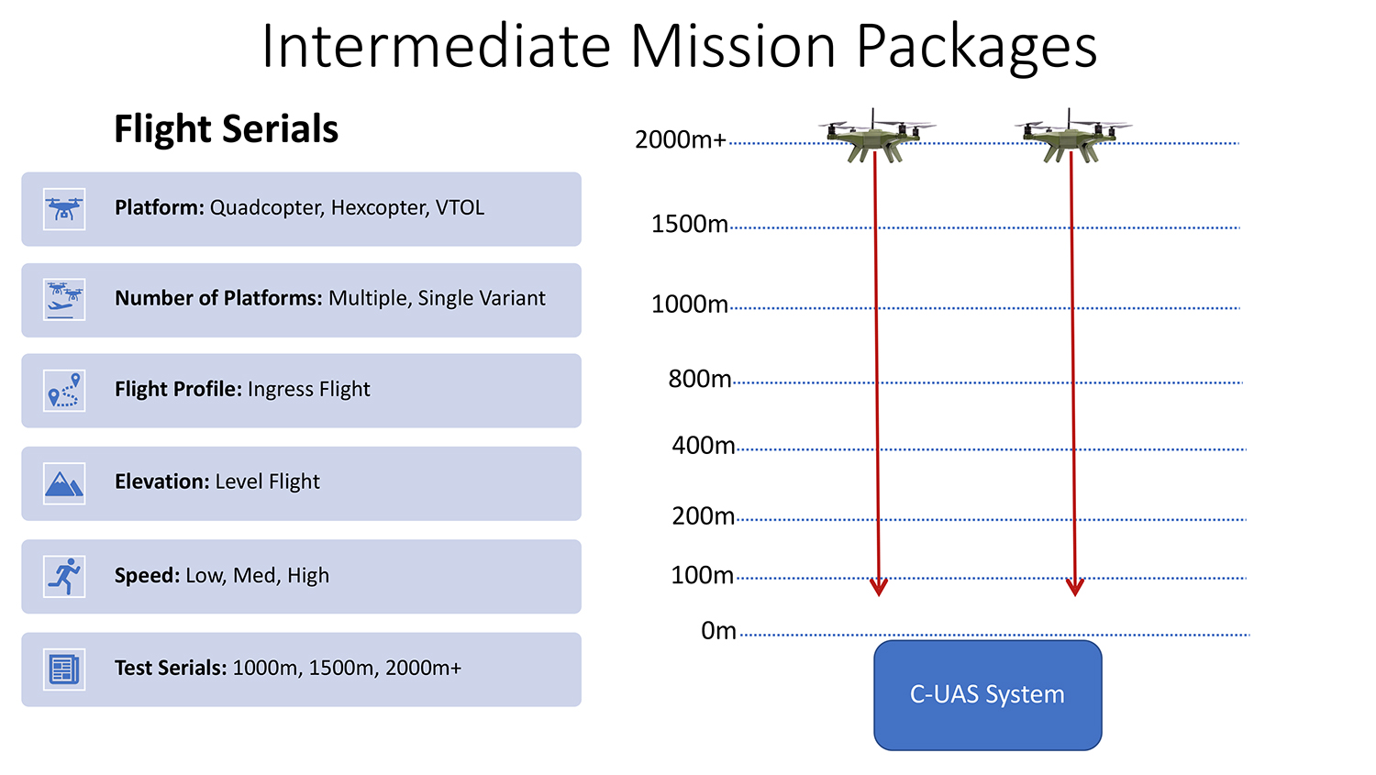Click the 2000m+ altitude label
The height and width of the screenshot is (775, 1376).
pyautogui.click(x=681, y=140)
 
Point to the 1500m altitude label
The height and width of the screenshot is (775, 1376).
pyautogui.click(x=689, y=224)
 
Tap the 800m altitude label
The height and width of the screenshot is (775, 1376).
pyautogui.click(x=700, y=379)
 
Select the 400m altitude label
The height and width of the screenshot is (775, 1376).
pyautogui.click(x=704, y=445)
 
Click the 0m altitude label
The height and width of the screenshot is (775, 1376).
pyautogui.click(x=718, y=631)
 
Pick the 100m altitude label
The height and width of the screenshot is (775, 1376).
pyautogui.click(x=702, y=575)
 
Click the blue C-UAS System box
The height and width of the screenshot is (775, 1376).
pyautogui.click(x=988, y=695)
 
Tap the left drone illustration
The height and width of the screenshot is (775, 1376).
pyautogui.click(x=875, y=137)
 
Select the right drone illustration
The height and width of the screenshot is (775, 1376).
pyautogui.click(x=1072, y=137)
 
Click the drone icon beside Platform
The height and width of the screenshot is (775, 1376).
pyautogui.click(x=64, y=209)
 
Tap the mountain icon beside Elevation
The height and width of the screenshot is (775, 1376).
pyautogui.click(x=64, y=483)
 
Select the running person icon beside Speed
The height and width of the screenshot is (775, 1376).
pyautogui.click(x=64, y=577)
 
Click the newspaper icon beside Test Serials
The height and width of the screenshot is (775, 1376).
pyautogui.click(x=64, y=670)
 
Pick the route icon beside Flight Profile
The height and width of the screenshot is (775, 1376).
pyautogui.click(x=64, y=391)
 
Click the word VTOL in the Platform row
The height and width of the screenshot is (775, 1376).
pyautogui.click(x=461, y=207)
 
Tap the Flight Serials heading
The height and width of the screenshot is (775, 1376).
pyautogui.click(x=226, y=129)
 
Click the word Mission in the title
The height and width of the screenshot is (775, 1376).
pyautogui.click(x=734, y=46)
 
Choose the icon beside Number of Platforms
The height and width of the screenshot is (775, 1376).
pyautogui.click(x=64, y=300)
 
